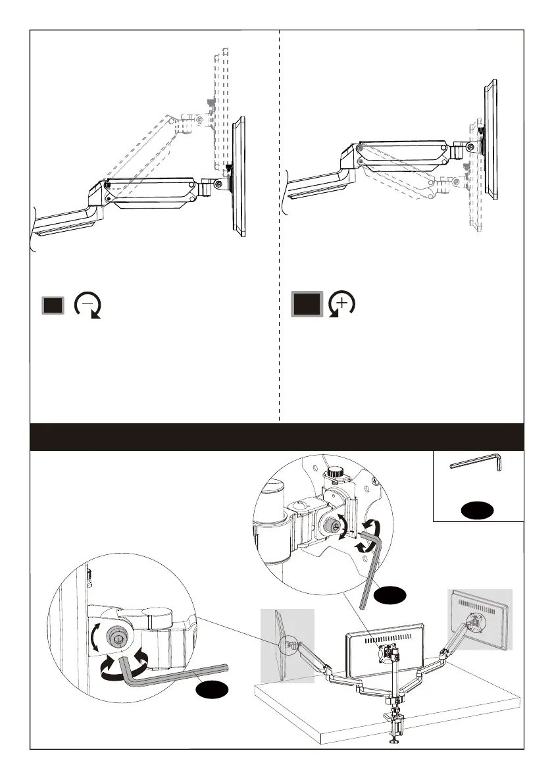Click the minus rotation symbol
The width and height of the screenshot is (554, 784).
point(88,305)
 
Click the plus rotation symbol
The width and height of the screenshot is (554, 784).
point(341,303)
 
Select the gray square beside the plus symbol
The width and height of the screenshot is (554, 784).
point(306,304)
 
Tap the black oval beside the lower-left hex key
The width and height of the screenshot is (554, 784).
point(212,690)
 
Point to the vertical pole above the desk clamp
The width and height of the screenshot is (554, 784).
point(395,685)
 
